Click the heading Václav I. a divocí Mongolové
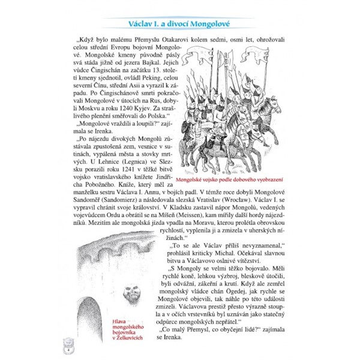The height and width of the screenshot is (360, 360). pos(180,24)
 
